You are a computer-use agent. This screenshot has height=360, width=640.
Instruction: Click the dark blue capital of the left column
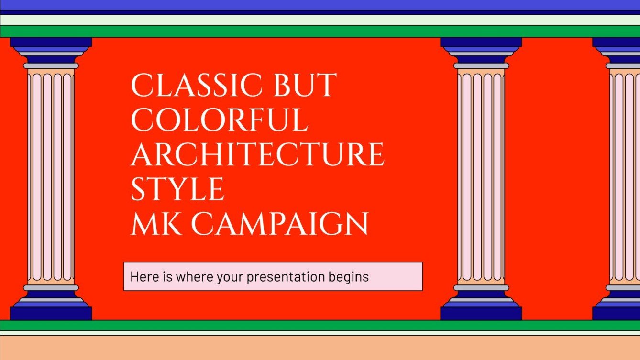click(51, 43)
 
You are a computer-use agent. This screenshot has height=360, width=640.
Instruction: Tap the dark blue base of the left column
click(51, 313)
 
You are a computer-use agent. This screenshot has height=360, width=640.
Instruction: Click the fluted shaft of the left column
click(51, 177)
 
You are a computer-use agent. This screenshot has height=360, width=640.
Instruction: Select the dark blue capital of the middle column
click(481, 43)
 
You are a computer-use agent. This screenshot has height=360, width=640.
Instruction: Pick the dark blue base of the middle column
click(481, 313)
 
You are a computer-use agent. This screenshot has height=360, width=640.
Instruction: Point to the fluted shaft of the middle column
click(481, 177)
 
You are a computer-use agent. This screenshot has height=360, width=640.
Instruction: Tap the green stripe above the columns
click(320, 32)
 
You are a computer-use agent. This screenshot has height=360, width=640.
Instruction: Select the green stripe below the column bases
click(320, 326)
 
